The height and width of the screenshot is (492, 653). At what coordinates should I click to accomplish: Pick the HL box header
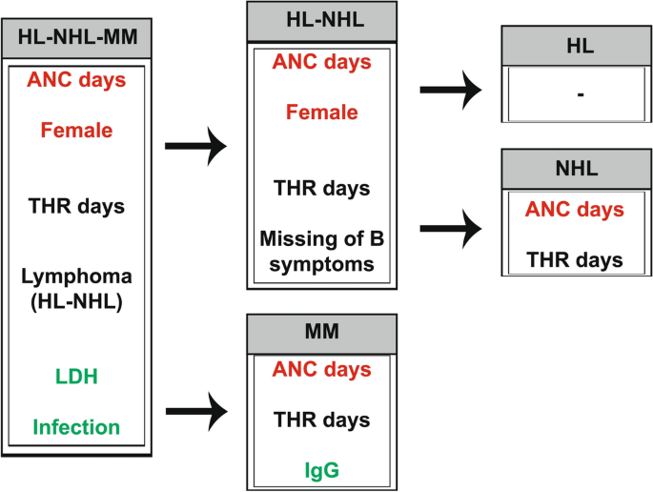click(576, 46)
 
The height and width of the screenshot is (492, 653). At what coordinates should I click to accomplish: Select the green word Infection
click(76, 426)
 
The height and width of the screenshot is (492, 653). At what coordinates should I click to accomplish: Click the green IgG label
click(321, 470)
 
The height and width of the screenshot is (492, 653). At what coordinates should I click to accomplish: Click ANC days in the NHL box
click(578, 210)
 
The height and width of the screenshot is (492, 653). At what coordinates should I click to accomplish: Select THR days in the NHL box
click(578, 258)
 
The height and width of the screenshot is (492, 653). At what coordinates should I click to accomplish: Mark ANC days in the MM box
click(321, 370)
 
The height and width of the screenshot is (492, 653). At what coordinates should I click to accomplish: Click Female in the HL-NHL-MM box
click(77, 130)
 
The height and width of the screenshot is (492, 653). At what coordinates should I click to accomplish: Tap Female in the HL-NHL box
click(321, 113)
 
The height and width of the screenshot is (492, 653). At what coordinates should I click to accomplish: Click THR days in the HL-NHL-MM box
click(77, 206)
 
